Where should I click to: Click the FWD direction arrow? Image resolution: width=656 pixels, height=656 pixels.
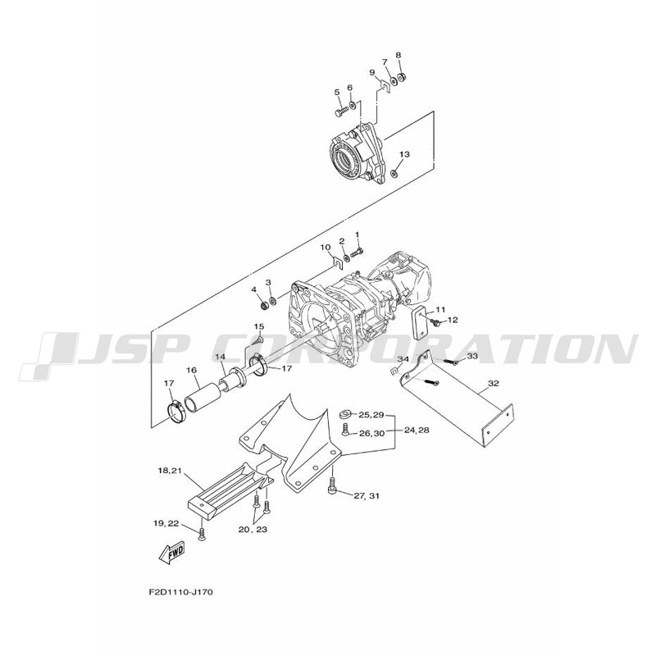[171, 554]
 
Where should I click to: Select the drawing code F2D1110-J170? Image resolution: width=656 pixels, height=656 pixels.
[180, 592]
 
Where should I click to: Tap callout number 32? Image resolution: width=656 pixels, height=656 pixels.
[494, 384]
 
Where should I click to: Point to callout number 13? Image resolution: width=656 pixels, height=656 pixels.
[404, 154]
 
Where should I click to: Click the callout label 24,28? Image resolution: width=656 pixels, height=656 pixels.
[417, 430]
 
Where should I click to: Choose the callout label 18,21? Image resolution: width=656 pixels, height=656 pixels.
[170, 471]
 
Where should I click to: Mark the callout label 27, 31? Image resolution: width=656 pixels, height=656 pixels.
[367, 496]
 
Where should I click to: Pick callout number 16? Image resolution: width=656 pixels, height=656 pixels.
[191, 370]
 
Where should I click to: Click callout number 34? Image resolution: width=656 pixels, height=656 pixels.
[403, 359]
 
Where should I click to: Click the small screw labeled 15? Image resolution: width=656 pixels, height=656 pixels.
[259, 350]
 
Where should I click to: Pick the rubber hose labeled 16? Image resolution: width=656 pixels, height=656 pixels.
[203, 398]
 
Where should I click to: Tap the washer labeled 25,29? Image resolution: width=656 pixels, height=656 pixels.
[345, 415]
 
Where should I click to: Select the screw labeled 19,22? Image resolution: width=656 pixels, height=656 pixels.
[202, 535]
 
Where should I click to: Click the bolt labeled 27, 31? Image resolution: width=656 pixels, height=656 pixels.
[333, 486]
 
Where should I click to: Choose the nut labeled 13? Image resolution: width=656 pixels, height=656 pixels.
[394, 173]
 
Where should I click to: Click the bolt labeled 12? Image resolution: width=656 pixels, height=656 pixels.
[436, 322]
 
